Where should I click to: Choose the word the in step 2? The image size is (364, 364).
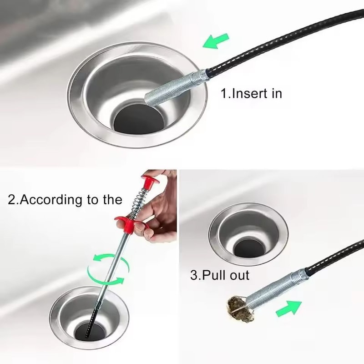(x=111, y=200)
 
